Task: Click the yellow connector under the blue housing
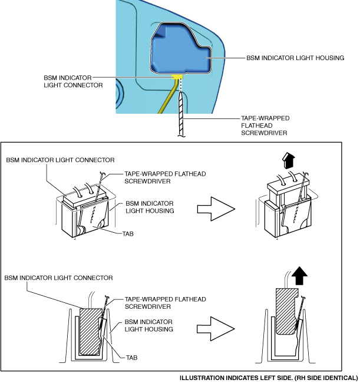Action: (176, 76)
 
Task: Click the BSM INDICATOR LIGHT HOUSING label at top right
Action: (295, 58)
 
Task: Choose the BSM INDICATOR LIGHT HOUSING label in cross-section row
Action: (148, 325)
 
